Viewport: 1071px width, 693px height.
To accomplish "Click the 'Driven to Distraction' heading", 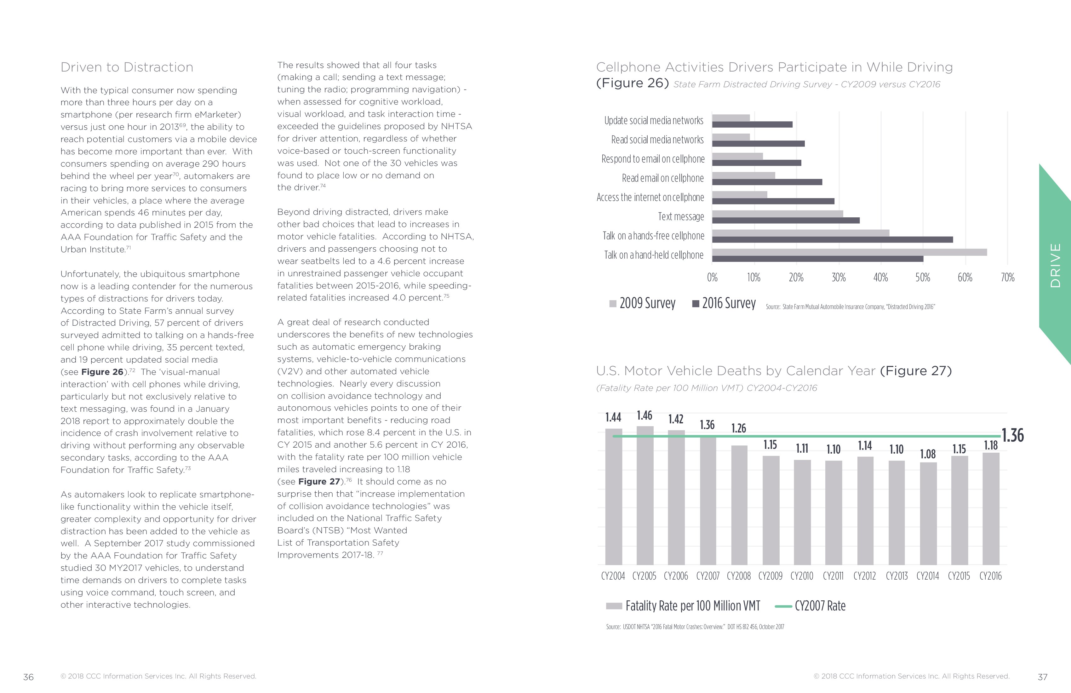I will (127, 67).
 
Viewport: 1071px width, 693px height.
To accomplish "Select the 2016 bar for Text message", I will (786, 220).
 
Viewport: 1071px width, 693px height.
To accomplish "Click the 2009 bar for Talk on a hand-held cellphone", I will (849, 252).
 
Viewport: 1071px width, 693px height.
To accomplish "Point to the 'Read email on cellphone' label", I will (662, 178).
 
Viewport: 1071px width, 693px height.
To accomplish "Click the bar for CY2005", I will (645, 495).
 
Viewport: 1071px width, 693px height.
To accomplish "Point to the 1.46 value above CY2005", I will (644, 415).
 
